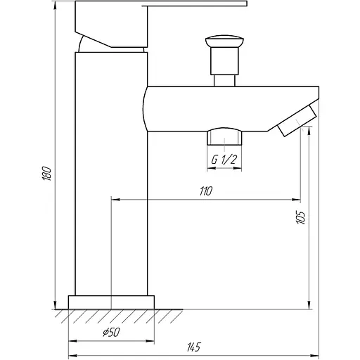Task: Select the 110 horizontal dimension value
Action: point(205,191)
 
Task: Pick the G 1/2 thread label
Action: point(224,160)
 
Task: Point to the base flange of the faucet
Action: point(111,302)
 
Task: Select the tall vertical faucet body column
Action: point(111,176)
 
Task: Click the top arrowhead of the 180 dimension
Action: point(56,5)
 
